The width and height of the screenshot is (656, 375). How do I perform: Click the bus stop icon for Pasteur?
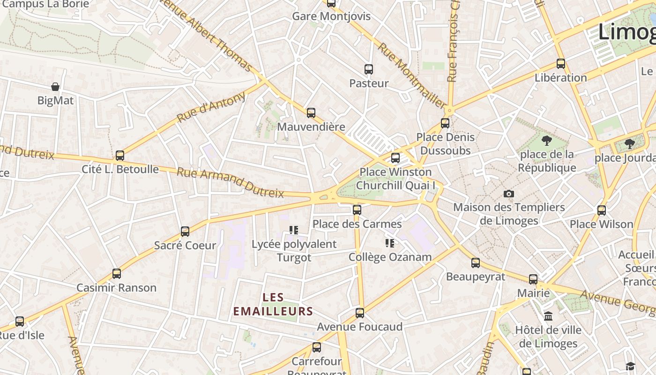click(369, 69)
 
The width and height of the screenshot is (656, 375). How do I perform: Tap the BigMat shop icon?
click(55, 87)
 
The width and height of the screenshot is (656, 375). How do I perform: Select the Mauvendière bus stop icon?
click(311, 113)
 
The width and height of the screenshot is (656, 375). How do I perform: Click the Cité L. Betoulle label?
click(120, 169)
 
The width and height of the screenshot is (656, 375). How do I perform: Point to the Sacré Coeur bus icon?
click(185, 231)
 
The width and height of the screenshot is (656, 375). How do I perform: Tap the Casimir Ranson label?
click(116, 287)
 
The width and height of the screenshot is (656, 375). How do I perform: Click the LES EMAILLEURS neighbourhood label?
click(273, 304)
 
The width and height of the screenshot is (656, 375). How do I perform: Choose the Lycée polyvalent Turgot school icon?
click(294, 230)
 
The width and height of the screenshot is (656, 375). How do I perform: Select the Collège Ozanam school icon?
click(389, 243)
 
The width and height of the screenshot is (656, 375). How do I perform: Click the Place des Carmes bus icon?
click(357, 210)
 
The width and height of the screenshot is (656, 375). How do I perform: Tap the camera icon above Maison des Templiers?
click(509, 194)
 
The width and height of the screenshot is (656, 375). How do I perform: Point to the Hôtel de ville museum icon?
click(548, 316)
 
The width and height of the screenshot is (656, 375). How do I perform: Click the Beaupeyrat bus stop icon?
click(476, 262)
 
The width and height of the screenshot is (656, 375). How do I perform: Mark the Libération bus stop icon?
click(561, 64)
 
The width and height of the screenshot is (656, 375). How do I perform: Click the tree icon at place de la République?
click(546, 140)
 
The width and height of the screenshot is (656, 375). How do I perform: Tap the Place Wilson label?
click(601, 224)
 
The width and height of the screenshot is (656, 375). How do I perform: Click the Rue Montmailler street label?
click(412, 75)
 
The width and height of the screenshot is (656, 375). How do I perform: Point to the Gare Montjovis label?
click(331, 16)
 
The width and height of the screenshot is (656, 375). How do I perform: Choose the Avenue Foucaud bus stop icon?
click(359, 313)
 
